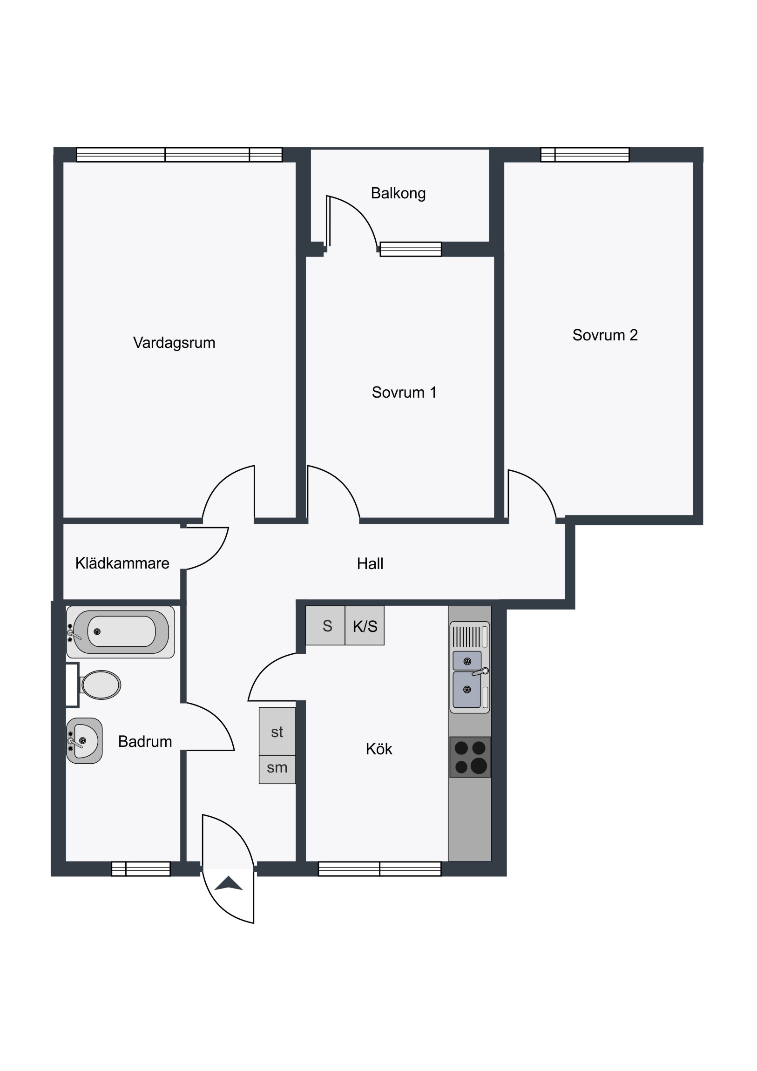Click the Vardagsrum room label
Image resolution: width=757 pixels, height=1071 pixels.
pos(174,343)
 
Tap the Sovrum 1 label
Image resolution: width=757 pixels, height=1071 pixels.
pos(404,392)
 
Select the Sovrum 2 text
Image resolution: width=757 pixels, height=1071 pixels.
pos(605,335)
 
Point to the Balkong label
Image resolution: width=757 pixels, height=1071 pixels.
pos(398,193)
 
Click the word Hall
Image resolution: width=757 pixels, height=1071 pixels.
pos(370,563)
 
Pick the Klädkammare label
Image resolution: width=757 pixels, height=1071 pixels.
pos(122,563)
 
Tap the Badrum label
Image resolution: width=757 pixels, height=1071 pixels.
pos(145,741)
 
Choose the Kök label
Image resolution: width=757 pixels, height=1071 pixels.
pos(379,749)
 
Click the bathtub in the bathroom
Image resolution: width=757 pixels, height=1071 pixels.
pos(120,631)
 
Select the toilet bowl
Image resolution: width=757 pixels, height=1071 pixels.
pos(100,685)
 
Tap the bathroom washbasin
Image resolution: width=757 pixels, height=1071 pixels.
pos(84,741)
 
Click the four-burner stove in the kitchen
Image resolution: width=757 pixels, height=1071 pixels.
pos(470,757)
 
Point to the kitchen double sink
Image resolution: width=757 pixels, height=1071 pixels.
pos(470,667)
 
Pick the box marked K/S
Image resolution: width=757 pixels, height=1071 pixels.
pos(365,625)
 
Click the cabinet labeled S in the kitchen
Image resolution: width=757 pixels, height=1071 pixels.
pos(325,625)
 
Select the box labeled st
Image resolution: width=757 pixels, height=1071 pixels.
pos(277,732)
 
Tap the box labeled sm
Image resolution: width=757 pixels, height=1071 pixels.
pos(277,769)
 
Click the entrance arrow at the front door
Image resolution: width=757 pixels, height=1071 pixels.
pos(229,883)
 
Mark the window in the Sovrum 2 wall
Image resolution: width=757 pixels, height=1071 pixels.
pos(585,155)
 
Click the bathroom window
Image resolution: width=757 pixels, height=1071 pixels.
pos(141,868)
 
